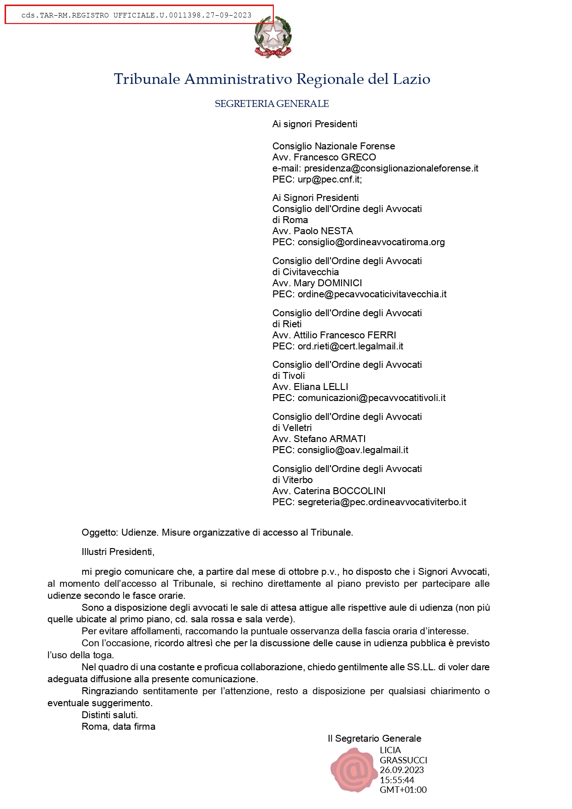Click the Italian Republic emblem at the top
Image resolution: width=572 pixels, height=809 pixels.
click(273, 37)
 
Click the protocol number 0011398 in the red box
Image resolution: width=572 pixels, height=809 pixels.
click(185, 15)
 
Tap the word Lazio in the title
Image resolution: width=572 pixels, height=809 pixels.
click(411, 79)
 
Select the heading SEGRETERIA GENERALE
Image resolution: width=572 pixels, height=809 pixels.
click(271, 104)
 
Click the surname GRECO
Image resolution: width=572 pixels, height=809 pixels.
click(359, 157)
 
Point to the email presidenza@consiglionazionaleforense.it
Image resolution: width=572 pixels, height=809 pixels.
click(391, 168)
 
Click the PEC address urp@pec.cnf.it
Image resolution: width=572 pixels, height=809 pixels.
click(330, 179)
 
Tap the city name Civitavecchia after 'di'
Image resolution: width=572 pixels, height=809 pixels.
click(311, 272)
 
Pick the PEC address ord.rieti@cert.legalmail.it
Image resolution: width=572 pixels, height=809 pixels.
click(350, 346)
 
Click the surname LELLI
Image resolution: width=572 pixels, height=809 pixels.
click(335, 387)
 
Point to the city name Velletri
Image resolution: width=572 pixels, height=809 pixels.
click(297, 428)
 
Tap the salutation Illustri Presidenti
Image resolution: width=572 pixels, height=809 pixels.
click(118, 552)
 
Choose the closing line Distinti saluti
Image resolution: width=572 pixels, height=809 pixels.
click(110, 715)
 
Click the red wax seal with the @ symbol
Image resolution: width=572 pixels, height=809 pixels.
click(353, 769)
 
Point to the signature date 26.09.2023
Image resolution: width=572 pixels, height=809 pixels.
click(401, 770)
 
